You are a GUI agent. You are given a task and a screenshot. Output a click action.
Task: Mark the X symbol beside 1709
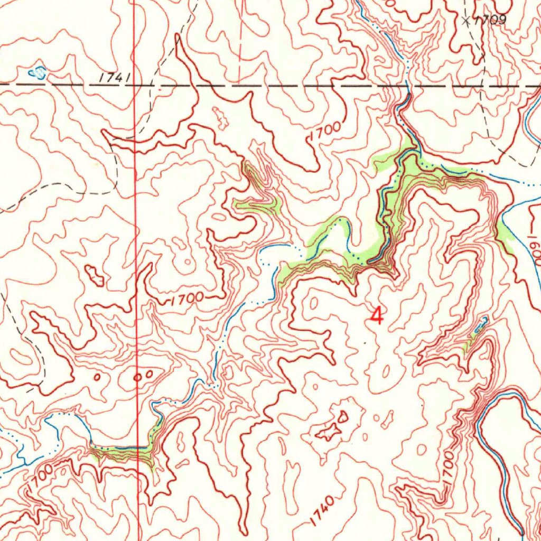pos(465,21)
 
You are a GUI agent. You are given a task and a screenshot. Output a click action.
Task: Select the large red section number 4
pos(377,316)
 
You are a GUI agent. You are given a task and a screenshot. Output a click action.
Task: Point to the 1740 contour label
pos(322,510)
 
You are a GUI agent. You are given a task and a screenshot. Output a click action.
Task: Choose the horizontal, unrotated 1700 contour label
pos(187,299)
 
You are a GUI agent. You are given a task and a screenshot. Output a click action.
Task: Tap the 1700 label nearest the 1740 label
pos(448,470)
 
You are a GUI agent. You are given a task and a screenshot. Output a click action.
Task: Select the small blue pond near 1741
pos(37,71)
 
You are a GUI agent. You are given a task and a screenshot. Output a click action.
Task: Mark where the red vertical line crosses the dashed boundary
pos(135,85)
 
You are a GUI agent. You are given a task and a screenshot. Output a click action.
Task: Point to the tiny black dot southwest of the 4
pos(365,342)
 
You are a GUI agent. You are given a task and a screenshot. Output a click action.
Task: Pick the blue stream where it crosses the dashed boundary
pos(406,85)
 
